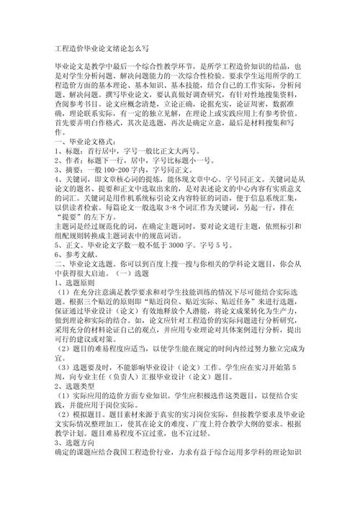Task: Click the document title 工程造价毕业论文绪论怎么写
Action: pyautogui.click(x=102, y=49)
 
